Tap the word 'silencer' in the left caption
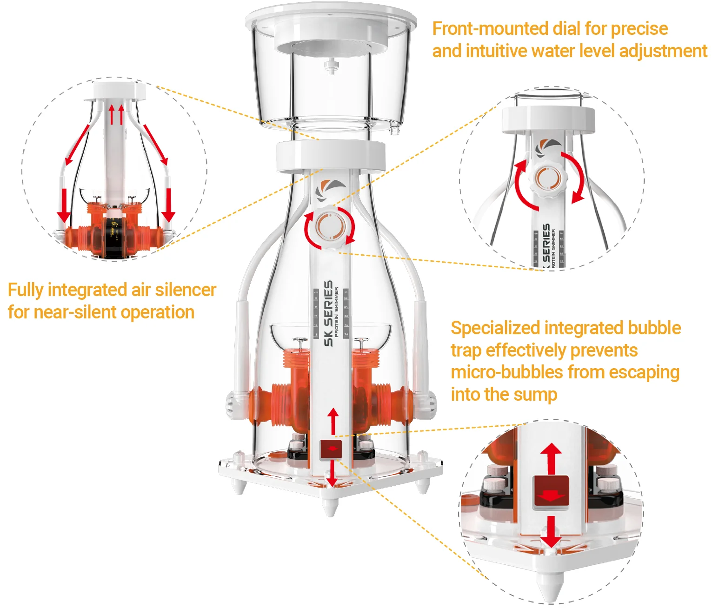[x=186, y=290]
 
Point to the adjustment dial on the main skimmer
[x=330, y=227]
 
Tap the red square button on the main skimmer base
[x=331, y=449]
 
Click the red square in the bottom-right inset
[x=551, y=492]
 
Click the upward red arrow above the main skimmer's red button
[x=333, y=421]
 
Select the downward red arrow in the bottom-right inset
[x=551, y=532]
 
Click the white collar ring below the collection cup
[x=331, y=155]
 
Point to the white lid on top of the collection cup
[x=331, y=13]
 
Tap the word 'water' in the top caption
[x=552, y=51]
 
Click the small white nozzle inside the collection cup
[x=331, y=66]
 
